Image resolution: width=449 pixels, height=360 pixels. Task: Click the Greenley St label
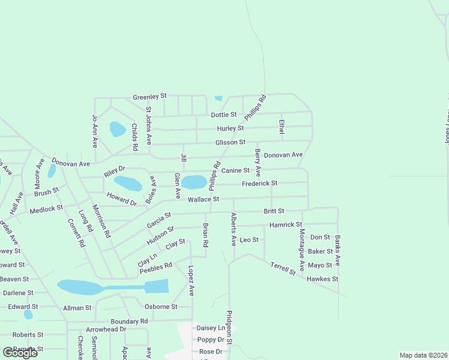(x=149, y=96)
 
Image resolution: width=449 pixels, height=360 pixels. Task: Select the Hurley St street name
(x=230, y=128)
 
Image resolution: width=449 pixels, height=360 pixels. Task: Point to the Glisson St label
(x=231, y=142)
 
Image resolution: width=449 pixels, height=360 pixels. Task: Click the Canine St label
(x=235, y=171)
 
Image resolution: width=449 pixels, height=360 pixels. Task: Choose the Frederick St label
(x=259, y=184)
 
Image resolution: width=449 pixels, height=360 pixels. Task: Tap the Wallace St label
(x=203, y=199)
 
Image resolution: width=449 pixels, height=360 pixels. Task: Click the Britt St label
(x=274, y=211)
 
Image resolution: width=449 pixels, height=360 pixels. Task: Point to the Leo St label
(x=249, y=240)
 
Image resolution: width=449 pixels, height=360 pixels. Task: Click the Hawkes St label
(x=322, y=279)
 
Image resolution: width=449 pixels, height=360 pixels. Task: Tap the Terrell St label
(x=283, y=268)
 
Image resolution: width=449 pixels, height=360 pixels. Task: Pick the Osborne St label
(x=161, y=307)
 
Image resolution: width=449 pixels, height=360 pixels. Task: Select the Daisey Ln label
(x=210, y=328)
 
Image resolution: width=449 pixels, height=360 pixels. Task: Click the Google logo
(x=20, y=352)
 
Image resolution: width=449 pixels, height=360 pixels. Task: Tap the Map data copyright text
(x=423, y=355)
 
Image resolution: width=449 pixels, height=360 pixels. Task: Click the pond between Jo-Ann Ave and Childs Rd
(x=118, y=129)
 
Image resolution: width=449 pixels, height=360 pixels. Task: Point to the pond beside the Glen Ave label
(x=194, y=182)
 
